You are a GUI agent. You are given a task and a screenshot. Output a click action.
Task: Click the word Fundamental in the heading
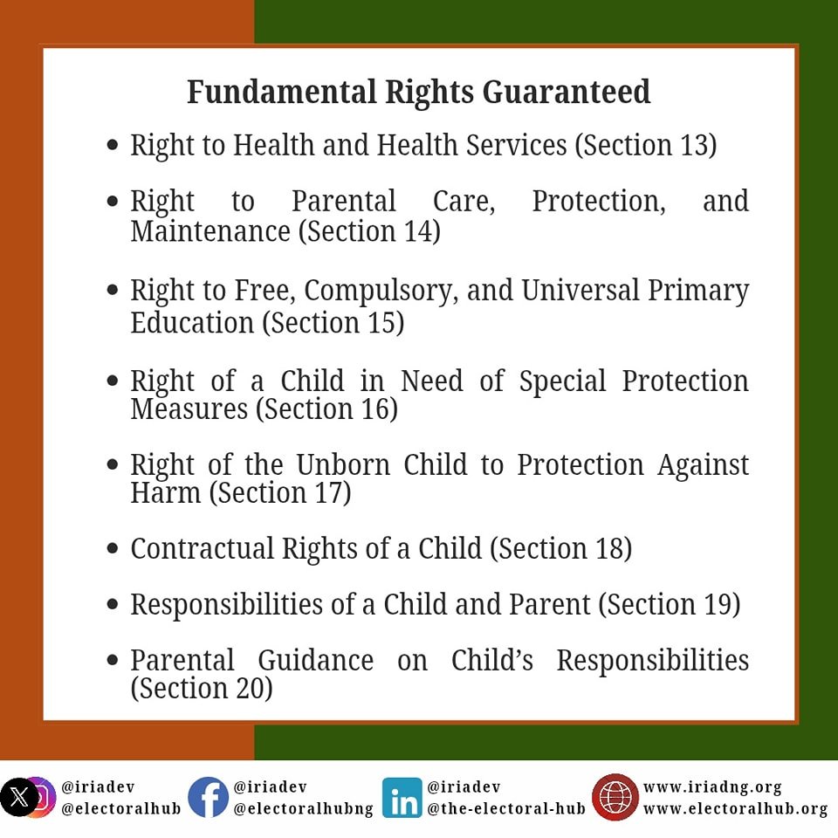282,92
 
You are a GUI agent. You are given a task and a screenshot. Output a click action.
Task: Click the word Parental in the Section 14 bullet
344,202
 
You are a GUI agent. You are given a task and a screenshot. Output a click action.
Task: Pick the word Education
192,323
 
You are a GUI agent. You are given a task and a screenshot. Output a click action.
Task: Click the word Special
563,382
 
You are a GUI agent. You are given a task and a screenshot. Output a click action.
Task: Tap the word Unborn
343,464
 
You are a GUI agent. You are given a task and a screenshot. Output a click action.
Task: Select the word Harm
166,492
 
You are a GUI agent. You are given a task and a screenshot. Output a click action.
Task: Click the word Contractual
202,549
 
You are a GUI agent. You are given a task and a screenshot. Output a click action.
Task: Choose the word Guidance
315,661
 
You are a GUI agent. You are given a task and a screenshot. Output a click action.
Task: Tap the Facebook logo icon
208,797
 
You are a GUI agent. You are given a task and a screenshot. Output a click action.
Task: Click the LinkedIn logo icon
402,798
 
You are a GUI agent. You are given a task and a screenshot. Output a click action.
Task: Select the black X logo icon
19,798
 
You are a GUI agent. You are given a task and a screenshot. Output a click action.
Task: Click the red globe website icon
615,797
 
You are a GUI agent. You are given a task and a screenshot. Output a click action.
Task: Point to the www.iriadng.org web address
712,787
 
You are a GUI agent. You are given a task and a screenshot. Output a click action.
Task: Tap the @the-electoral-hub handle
506,808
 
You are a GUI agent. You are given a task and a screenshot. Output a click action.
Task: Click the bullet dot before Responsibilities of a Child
113,604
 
